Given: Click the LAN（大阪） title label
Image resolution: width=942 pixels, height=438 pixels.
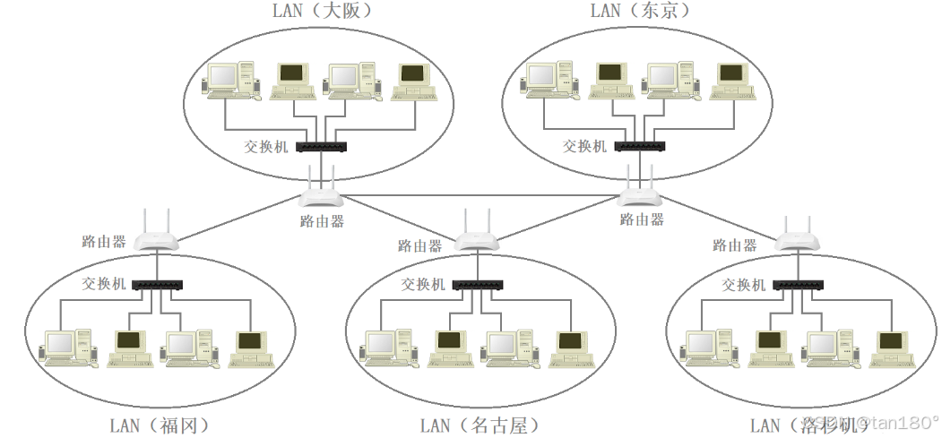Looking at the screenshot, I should [322, 11].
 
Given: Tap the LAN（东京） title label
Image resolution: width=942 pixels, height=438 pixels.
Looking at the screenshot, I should [639, 11].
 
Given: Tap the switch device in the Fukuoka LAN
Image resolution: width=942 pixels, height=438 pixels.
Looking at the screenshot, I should [158, 285].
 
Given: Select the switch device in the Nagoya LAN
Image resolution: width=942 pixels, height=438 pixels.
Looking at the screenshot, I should [477, 285].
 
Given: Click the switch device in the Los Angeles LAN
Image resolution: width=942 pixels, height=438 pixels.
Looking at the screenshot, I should [798, 285].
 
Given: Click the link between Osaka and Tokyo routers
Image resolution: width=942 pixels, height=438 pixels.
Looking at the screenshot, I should [480, 194].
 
